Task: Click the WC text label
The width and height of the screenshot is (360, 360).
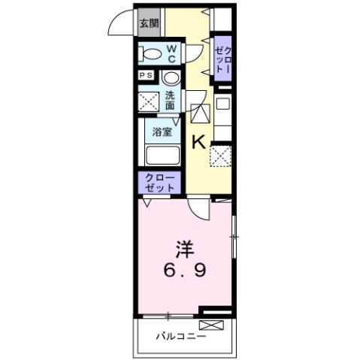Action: tap(171, 55)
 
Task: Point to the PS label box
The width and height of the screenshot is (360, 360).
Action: tap(145, 75)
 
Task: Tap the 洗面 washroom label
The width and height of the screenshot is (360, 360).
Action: tap(171, 100)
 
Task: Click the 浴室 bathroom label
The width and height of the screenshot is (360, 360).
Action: tap(162, 132)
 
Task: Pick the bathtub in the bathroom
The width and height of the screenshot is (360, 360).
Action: tap(162, 156)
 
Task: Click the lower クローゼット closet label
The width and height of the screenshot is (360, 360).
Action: tap(159, 182)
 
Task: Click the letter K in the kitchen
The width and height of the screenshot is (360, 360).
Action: tap(199, 141)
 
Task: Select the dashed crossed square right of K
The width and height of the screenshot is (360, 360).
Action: tap(220, 156)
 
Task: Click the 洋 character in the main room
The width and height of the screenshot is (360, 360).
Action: tap(183, 247)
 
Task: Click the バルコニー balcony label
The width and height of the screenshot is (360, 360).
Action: tap(181, 337)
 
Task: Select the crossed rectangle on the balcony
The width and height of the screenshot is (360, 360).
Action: tap(212, 325)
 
